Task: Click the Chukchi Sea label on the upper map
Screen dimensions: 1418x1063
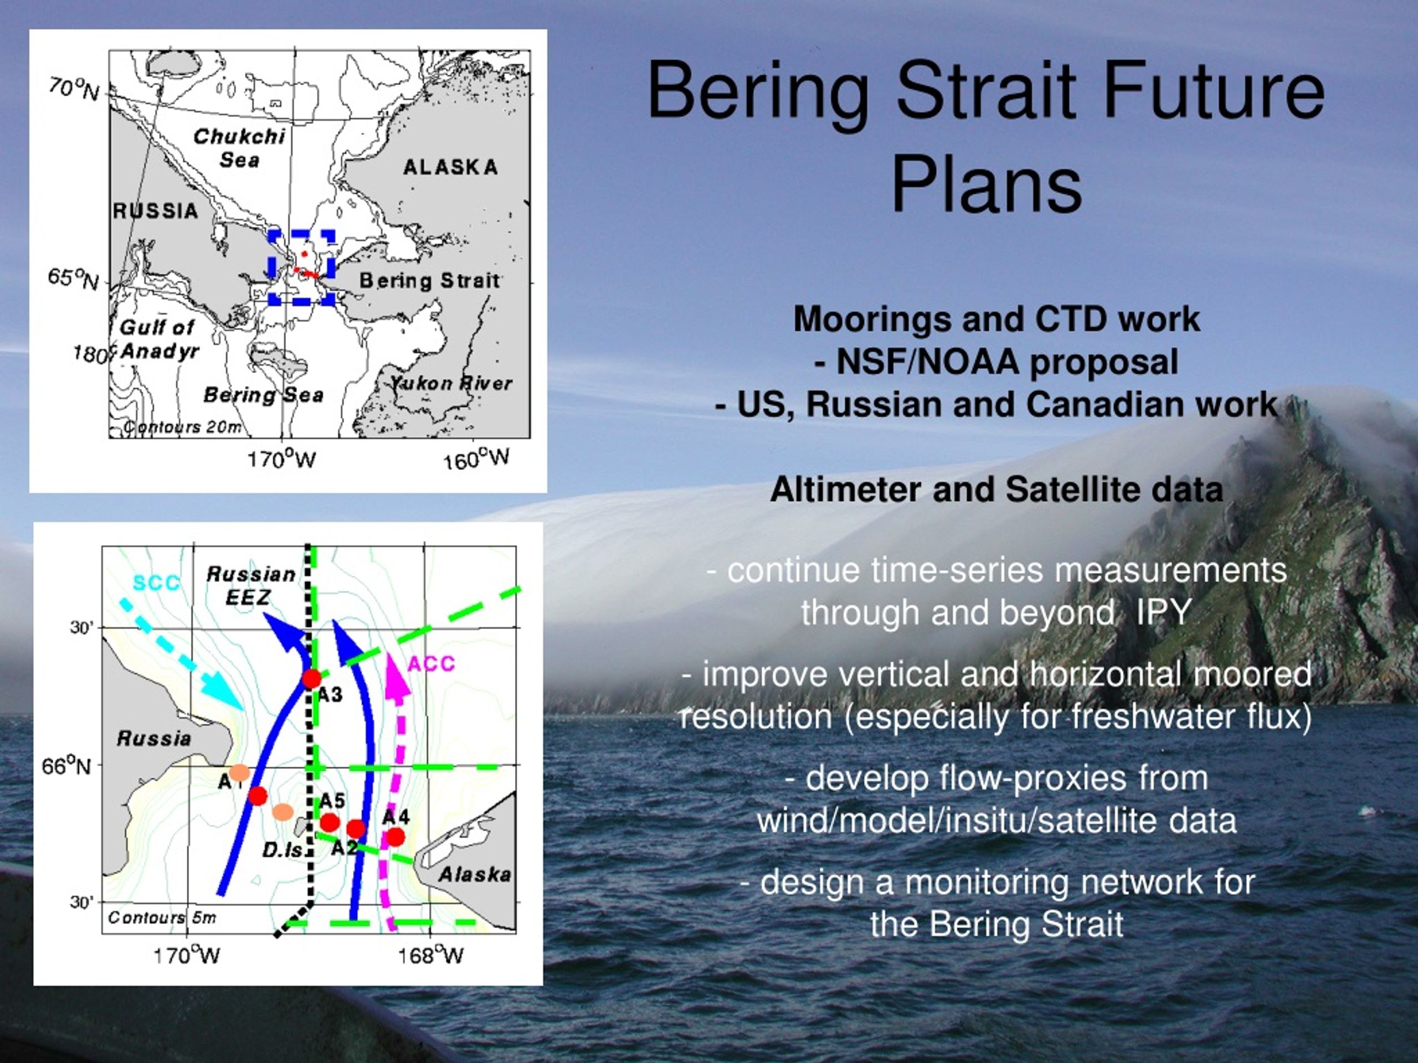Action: pyautogui.click(x=239, y=147)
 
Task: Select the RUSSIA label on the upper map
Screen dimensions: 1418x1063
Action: pyautogui.click(x=156, y=211)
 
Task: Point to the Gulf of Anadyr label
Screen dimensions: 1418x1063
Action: pyautogui.click(x=159, y=339)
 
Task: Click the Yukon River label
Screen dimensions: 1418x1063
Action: pyautogui.click(x=451, y=383)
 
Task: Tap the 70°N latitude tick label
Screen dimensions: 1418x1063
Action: pyautogui.click(x=74, y=89)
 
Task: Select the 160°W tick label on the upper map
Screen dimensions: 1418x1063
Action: pyautogui.click(x=476, y=460)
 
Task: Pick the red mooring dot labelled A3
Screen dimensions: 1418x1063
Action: pyautogui.click(x=311, y=678)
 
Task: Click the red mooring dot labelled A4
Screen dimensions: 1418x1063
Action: pyautogui.click(x=395, y=837)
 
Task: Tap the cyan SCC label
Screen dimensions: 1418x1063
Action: pyautogui.click(x=156, y=583)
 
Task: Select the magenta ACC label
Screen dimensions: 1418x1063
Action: pyautogui.click(x=431, y=663)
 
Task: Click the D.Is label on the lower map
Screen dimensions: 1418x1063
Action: pyautogui.click(x=282, y=850)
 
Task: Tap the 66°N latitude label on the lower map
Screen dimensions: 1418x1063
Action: pyautogui.click(x=66, y=766)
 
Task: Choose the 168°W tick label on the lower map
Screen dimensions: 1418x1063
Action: pyautogui.click(x=430, y=956)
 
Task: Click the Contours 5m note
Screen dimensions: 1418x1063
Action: pyautogui.click(x=162, y=917)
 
